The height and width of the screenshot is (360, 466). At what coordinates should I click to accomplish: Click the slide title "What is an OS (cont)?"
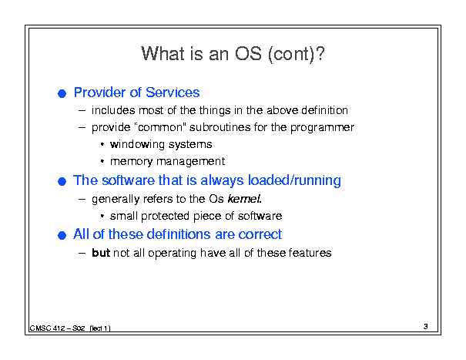point(233,54)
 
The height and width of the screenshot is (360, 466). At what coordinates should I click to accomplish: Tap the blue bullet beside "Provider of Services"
point(62,94)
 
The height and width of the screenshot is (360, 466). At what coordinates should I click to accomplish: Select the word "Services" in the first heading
point(173,93)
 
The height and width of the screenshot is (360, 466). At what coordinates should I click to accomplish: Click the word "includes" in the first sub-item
point(113,110)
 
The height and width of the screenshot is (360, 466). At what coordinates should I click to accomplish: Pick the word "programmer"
point(322,128)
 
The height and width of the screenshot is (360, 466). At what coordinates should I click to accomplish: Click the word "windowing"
point(137,145)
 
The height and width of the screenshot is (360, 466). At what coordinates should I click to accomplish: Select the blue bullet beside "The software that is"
point(62,181)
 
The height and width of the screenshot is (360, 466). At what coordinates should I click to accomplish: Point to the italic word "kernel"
point(244,198)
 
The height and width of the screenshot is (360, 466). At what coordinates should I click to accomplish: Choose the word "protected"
point(166,216)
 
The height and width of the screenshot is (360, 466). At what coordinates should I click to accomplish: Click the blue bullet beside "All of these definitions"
point(62,235)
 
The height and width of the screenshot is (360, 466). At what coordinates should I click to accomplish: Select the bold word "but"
point(101,253)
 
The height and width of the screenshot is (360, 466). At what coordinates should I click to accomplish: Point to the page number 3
point(426,326)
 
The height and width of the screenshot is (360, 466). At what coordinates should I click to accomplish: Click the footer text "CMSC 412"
point(47,328)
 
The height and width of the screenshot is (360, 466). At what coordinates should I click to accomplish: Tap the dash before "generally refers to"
point(82,199)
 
